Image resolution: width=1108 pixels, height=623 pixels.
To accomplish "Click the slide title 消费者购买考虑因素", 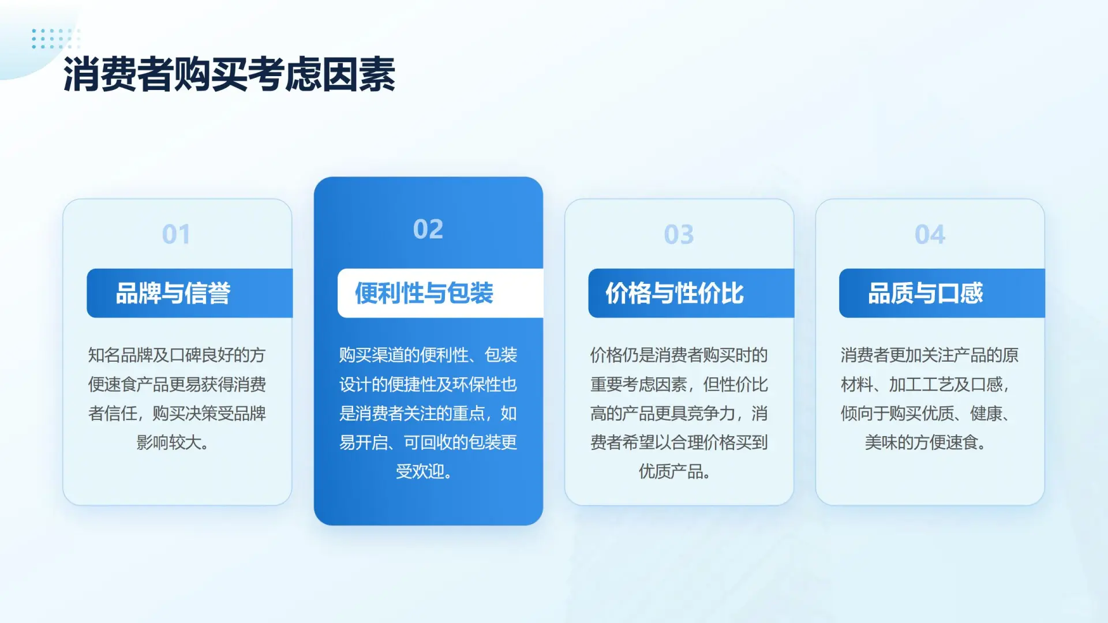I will (x=229, y=74).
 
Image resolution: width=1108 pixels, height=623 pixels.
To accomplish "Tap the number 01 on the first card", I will (x=176, y=234).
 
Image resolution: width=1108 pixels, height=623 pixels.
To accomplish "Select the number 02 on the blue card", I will (x=428, y=229).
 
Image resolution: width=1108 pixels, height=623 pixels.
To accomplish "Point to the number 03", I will (x=679, y=234).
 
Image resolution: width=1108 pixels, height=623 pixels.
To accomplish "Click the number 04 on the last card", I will (x=930, y=234).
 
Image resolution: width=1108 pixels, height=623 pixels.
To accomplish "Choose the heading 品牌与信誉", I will (x=173, y=293).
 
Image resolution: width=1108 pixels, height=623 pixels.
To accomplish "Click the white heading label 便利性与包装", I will (x=424, y=293).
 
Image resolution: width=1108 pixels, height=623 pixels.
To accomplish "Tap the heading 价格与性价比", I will (x=675, y=293).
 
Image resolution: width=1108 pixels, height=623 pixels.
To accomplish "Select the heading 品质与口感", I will (x=926, y=293).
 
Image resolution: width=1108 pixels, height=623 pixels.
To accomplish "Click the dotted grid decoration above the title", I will (x=55, y=38).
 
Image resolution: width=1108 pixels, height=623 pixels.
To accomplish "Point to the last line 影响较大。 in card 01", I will (x=173, y=442).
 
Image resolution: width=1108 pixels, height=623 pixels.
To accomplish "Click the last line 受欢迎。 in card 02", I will (x=424, y=471).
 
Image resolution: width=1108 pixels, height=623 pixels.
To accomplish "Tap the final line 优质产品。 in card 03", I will (x=675, y=471).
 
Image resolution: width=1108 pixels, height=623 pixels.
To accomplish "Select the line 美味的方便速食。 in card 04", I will (x=926, y=442).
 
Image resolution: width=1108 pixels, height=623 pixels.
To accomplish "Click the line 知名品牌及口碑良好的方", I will (x=177, y=355).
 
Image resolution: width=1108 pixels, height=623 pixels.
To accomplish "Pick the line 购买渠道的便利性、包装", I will (x=428, y=355).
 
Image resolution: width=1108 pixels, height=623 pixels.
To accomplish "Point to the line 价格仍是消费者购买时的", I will (x=679, y=355).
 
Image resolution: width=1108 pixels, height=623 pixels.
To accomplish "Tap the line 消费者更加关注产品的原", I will (x=929, y=355).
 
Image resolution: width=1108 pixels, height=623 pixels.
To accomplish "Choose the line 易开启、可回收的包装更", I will (x=428, y=442).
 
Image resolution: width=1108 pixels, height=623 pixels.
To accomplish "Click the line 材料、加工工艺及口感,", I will (x=926, y=384).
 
